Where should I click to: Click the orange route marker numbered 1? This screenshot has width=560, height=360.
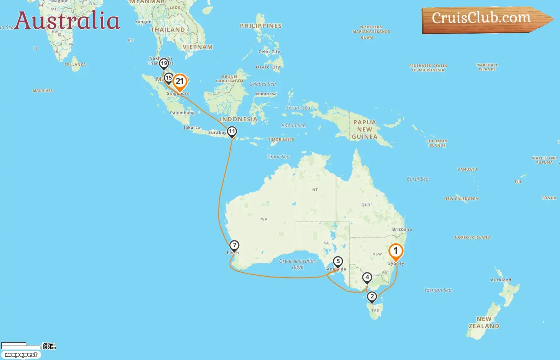pos(396,251)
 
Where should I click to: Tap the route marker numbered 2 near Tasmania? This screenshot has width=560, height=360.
pos(372,296)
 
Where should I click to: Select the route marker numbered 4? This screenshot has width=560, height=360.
pos(367,277)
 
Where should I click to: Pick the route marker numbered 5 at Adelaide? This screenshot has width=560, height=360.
pos(338,262)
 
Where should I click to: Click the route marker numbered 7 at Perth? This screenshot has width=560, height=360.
pos(234,245)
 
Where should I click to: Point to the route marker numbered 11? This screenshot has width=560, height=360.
pos(232,132)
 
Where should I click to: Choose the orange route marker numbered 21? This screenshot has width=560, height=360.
pos(180,82)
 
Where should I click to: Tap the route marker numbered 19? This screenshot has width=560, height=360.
pos(164,63)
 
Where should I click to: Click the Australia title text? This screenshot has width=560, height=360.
pos(67,21)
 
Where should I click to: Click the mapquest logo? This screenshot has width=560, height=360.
pos(21,355)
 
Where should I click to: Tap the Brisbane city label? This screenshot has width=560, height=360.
pos(402,230)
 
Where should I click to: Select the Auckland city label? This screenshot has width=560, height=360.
pos(501,280)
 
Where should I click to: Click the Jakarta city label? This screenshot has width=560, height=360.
pos(192,128)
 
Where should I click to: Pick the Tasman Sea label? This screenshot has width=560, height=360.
pos(438,290)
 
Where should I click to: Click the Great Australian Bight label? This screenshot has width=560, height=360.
pos(298,264)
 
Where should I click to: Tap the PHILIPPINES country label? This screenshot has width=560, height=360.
pos(261,26)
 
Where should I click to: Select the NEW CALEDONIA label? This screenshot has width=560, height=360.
pos(461,199)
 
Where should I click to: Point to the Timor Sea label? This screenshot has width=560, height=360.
pos(278,157)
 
